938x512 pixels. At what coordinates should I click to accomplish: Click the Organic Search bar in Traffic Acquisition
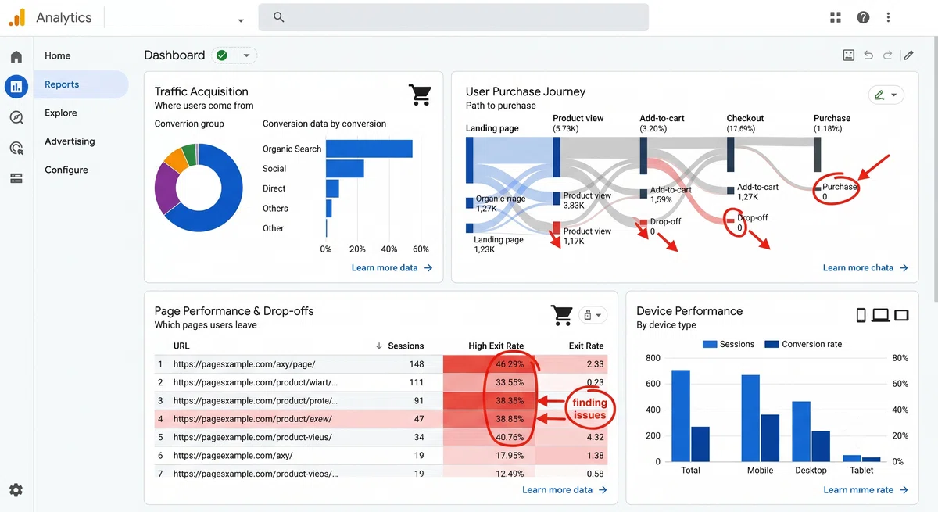(369, 149)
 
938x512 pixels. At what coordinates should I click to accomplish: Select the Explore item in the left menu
(61, 113)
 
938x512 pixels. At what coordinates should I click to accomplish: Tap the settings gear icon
(16, 490)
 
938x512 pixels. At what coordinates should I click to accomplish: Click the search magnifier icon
(278, 17)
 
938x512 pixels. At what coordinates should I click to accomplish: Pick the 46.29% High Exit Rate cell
(510, 363)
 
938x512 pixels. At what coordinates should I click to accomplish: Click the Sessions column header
(406, 346)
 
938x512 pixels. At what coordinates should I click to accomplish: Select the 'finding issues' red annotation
(589, 409)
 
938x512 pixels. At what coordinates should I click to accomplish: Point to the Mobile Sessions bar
(750, 418)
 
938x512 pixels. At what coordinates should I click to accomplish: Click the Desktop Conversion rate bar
(821, 446)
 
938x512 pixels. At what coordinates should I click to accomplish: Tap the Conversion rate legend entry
(804, 344)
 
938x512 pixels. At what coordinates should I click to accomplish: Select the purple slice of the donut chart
(166, 188)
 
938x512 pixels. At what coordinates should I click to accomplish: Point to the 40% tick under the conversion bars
(389, 249)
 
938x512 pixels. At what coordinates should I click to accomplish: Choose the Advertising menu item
(70, 141)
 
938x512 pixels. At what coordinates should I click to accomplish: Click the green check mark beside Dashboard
(222, 55)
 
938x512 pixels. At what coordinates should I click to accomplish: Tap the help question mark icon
(863, 17)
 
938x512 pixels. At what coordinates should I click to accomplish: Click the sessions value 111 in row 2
(416, 382)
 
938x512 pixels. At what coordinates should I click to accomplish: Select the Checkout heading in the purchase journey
(745, 118)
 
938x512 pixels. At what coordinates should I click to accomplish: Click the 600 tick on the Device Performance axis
(653, 384)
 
